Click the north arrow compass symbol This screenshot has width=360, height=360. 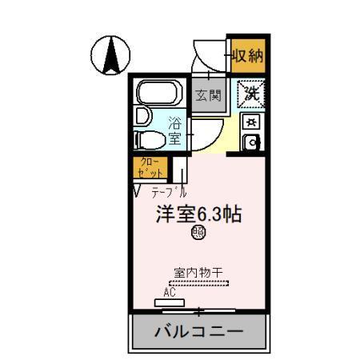point(112,55)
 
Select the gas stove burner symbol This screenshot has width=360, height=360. point(251,122)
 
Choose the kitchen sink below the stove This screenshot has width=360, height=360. point(251,143)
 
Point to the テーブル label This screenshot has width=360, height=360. point(169,192)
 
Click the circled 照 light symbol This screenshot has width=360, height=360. point(197,234)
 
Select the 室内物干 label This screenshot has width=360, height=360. point(198,271)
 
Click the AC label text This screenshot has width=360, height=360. point(170,293)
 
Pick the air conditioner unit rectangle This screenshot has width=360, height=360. point(170,302)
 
